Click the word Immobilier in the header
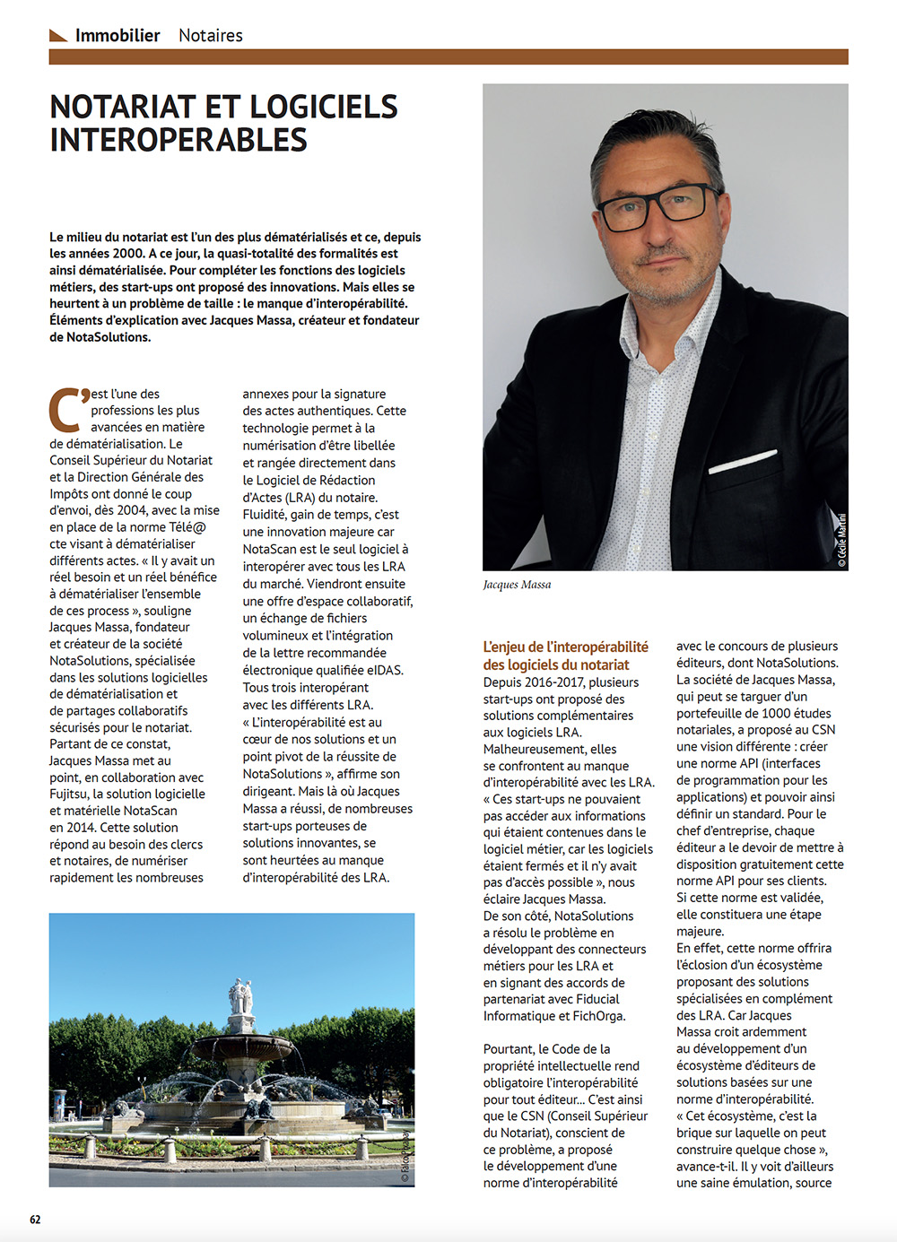click(x=118, y=36)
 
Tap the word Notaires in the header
click(x=211, y=36)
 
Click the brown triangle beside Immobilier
click(x=58, y=36)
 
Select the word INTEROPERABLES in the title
click(x=179, y=141)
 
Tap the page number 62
click(x=35, y=1220)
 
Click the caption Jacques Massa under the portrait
click(x=518, y=585)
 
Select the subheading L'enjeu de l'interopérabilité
click(x=565, y=647)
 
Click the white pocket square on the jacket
click(x=743, y=463)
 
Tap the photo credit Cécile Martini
click(x=841, y=541)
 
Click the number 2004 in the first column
click(x=132, y=510)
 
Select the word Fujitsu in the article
click(x=69, y=794)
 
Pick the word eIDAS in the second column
click(x=384, y=670)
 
